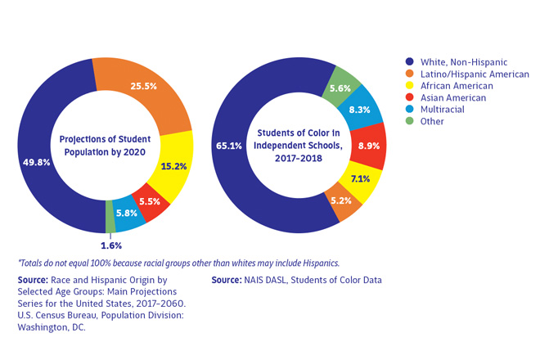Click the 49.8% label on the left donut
[x=38, y=162]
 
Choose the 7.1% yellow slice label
[x=360, y=178]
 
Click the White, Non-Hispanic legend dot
[x=408, y=61]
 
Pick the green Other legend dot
[x=408, y=121]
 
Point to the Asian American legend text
[x=452, y=97]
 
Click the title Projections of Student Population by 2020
[x=105, y=144]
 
